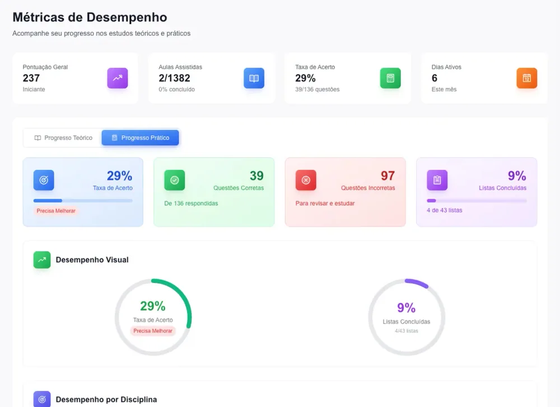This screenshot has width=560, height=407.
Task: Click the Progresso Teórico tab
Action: (63, 138)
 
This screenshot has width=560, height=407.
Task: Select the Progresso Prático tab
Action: (140, 138)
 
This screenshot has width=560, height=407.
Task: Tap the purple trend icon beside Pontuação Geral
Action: (118, 78)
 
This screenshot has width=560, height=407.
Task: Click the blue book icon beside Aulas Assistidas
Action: (254, 78)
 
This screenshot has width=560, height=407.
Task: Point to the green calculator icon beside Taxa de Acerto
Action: (390, 78)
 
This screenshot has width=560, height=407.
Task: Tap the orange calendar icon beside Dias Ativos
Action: (527, 78)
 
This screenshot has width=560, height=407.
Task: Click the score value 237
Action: (31, 78)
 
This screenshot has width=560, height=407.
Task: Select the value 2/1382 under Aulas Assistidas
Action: (174, 78)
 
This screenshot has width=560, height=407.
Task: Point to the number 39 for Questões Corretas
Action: (256, 176)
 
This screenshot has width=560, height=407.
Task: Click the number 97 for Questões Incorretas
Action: (388, 176)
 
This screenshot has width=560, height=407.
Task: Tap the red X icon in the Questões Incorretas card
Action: (306, 180)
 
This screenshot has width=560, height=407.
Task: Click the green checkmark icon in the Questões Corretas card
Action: (175, 180)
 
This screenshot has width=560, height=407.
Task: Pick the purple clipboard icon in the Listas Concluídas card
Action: (437, 180)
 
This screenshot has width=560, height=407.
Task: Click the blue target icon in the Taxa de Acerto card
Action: (44, 180)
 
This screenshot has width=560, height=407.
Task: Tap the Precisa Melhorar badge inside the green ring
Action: (153, 331)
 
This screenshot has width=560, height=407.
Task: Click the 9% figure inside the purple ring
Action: (407, 307)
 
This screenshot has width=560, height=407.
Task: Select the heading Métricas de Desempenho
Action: (90, 17)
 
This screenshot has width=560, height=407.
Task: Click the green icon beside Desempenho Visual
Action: (42, 260)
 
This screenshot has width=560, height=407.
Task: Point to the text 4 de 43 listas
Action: (444, 210)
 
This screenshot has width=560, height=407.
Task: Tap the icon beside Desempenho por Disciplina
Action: (42, 399)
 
